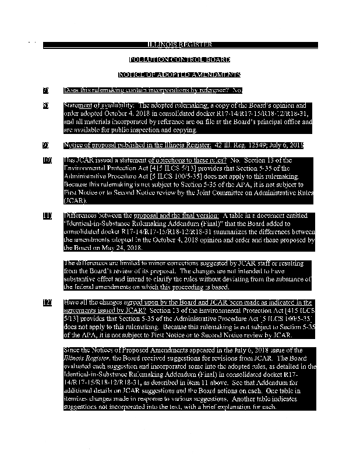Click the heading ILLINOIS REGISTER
click(x=179, y=45)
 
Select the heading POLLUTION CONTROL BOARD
click(x=179, y=60)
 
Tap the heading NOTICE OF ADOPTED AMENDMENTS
click(x=179, y=75)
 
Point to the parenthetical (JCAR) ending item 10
click(x=75, y=200)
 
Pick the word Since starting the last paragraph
click(x=72, y=350)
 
